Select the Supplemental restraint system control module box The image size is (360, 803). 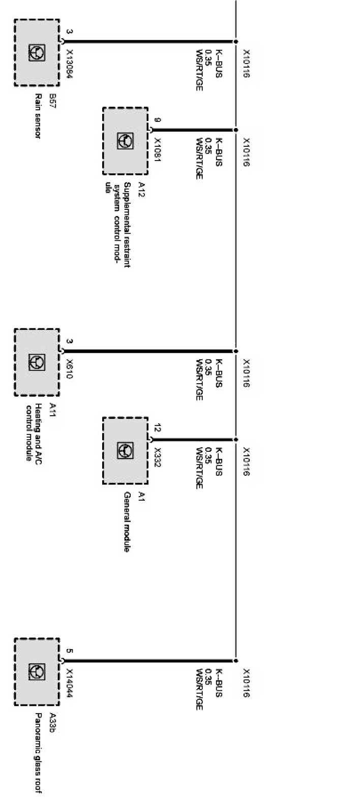point(126,140)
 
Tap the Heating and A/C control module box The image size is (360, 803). point(37,362)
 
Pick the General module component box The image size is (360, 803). point(126,450)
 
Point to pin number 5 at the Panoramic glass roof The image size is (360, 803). point(70,651)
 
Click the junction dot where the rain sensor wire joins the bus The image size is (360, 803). point(236,42)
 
